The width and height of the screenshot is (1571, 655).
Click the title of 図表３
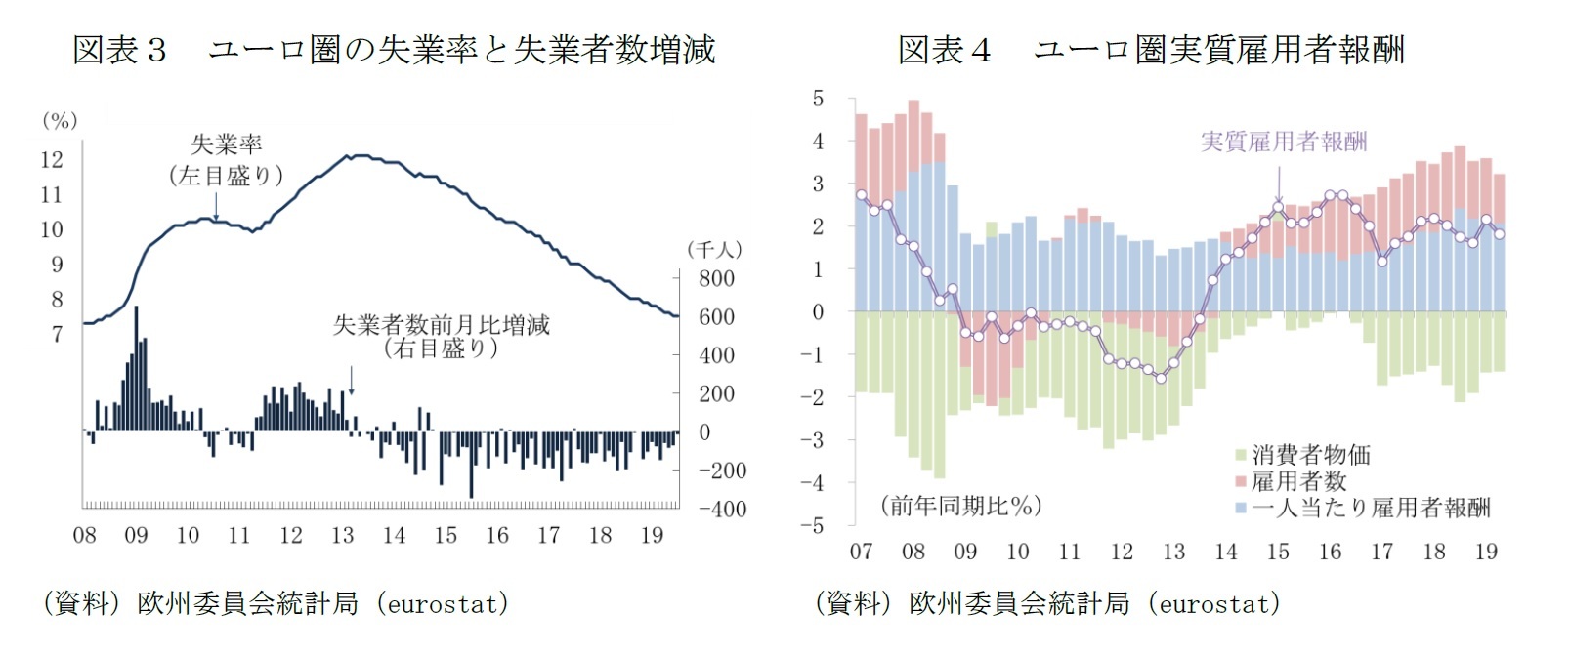point(394,50)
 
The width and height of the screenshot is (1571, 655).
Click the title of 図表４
point(1151,50)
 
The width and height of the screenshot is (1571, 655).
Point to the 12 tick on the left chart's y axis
point(52,159)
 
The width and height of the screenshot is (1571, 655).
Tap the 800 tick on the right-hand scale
point(716,278)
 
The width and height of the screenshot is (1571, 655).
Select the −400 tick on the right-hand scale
point(722,509)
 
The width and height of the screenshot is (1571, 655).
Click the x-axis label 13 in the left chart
point(343,535)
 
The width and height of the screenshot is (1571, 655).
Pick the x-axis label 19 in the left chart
point(652,535)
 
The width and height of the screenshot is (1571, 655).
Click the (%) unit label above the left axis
point(60,121)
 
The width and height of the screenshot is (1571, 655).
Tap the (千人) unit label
point(714,250)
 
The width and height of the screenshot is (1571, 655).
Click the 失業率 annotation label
point(226,145)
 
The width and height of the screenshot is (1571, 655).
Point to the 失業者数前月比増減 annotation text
point(442,325)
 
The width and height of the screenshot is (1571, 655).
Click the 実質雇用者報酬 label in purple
point(1284,142)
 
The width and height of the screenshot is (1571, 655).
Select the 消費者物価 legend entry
point(1310,455)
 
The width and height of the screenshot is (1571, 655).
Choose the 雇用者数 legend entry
point(1298,481)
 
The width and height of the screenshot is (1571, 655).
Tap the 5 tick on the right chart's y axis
point(818,99)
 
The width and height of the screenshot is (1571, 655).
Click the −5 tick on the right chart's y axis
point(812,525)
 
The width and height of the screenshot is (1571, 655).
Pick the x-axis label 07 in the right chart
point(861,552)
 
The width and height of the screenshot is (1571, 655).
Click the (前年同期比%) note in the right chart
point(960,506)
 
